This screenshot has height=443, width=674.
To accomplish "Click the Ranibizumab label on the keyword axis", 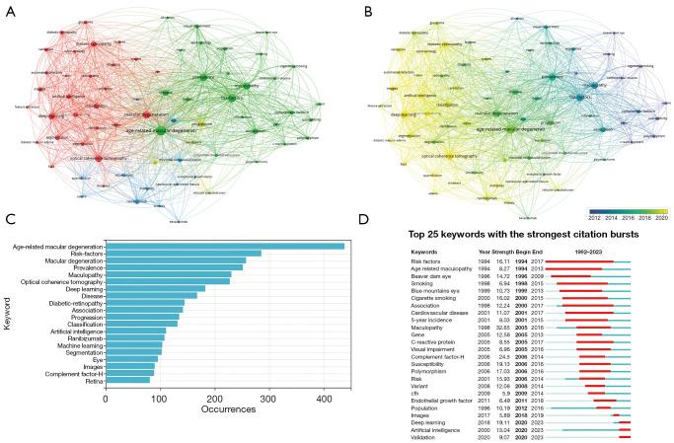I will tap(79, 343).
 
